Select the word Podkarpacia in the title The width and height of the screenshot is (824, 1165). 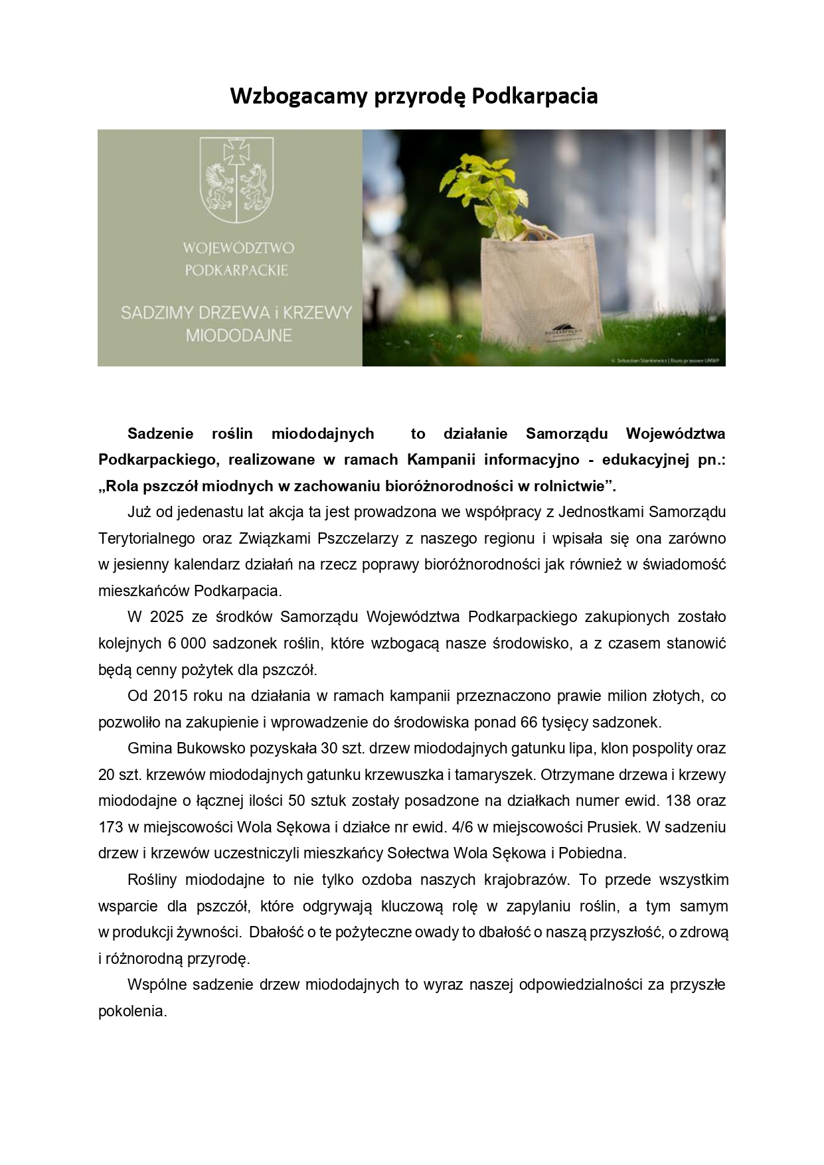[x=535, y=96]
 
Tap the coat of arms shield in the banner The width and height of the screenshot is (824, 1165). [x=237, y=179]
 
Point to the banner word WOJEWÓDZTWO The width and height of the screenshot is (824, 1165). [x=238, y=248]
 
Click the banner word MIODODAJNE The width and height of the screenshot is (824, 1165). [x=238, y=335]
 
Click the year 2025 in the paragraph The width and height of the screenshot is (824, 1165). [x=167, y=617]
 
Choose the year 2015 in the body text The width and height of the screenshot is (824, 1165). [x=171, y=696]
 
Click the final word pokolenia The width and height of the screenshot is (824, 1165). [x=132, y=1011]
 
